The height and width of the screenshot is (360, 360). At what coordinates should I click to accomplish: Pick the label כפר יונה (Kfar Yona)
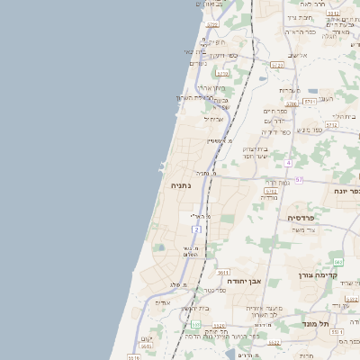(346, 191)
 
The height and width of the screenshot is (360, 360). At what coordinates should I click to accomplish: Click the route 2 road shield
(196, 230)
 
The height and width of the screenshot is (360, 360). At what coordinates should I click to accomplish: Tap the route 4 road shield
(288, 163)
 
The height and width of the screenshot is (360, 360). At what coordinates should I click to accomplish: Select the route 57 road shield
(299, 180)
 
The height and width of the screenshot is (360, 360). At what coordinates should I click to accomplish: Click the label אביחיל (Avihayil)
(212, 118)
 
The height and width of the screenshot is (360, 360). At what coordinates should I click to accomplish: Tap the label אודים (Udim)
(163, 302)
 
